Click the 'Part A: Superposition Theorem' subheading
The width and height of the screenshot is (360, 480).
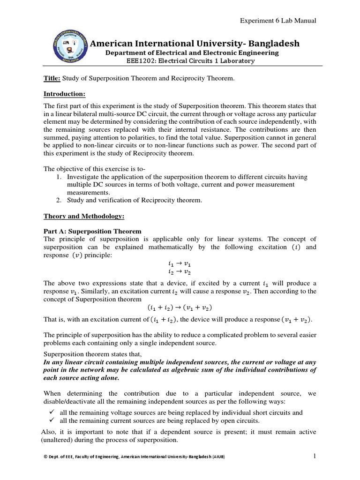[x=92, y=232]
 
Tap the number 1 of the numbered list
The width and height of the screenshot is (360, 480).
[x=59, y=177]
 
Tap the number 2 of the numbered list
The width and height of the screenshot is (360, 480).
[x=59, y=200]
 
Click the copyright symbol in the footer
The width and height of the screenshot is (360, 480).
[x=45, y=457]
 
